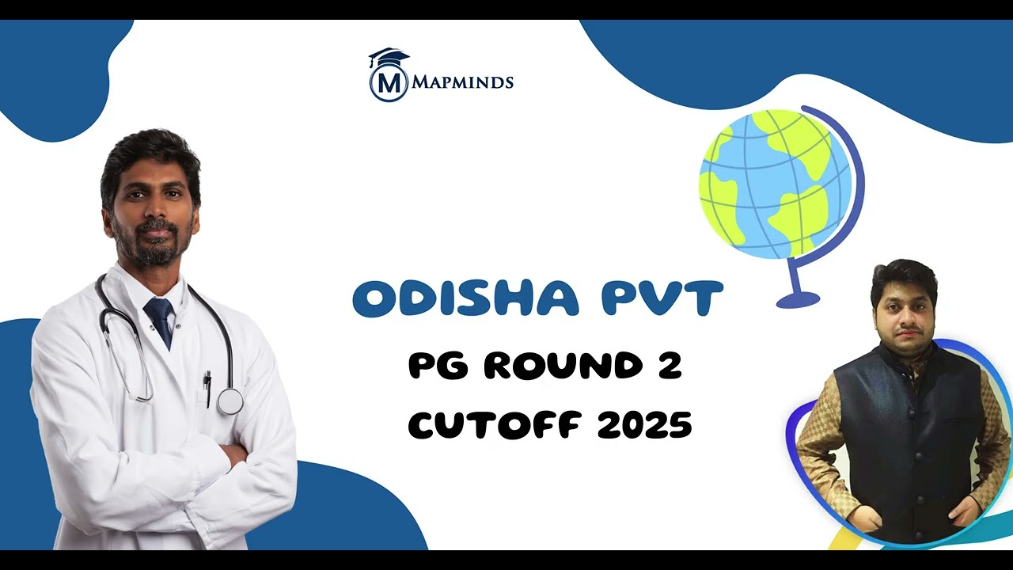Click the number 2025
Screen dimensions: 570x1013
[644, 426]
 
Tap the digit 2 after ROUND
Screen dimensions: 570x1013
[670, 366]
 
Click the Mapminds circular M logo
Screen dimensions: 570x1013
[389, 82]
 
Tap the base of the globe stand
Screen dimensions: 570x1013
[798, 300]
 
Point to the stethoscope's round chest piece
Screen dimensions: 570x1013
[230, 401]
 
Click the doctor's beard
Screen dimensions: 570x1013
[150, 249]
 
